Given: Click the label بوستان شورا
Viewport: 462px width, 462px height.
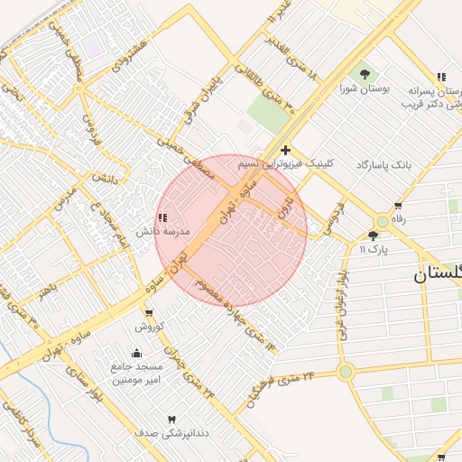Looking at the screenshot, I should [362, 89].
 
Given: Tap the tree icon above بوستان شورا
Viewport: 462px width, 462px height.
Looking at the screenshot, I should [365, 75].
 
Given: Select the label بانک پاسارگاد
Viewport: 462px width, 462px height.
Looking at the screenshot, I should [383, 164].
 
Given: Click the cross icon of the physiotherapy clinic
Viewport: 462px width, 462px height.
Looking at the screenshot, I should [285, 150].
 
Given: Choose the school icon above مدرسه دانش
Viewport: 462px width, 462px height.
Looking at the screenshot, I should [162, 217].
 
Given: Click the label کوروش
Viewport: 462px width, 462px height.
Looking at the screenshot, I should [149, 326].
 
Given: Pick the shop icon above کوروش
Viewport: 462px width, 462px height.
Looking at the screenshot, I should [149, 312].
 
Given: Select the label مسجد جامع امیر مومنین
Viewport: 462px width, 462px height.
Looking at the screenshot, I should [137, 374].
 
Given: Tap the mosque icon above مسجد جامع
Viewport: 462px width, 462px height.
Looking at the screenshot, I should [137, 353].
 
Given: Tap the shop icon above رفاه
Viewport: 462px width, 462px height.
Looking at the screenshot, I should [398, 206].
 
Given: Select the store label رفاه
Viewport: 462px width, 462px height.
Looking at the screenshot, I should [398, 218].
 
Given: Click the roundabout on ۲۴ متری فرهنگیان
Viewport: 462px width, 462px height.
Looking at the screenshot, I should [345, 371].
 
